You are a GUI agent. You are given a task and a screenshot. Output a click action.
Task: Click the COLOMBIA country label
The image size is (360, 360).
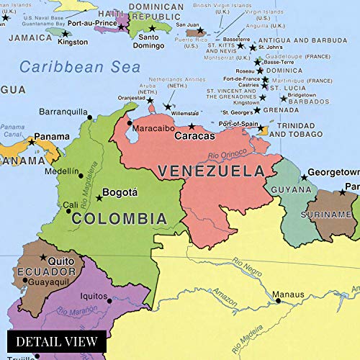[121, 218]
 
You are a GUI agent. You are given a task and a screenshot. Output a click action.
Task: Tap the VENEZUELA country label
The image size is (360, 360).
[210, 171]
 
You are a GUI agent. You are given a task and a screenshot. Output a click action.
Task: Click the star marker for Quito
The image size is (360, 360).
[42, 257]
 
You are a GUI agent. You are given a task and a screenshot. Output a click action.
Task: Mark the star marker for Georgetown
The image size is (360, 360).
[304, 177]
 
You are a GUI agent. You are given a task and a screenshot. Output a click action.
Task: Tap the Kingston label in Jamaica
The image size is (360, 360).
[73, 42]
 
